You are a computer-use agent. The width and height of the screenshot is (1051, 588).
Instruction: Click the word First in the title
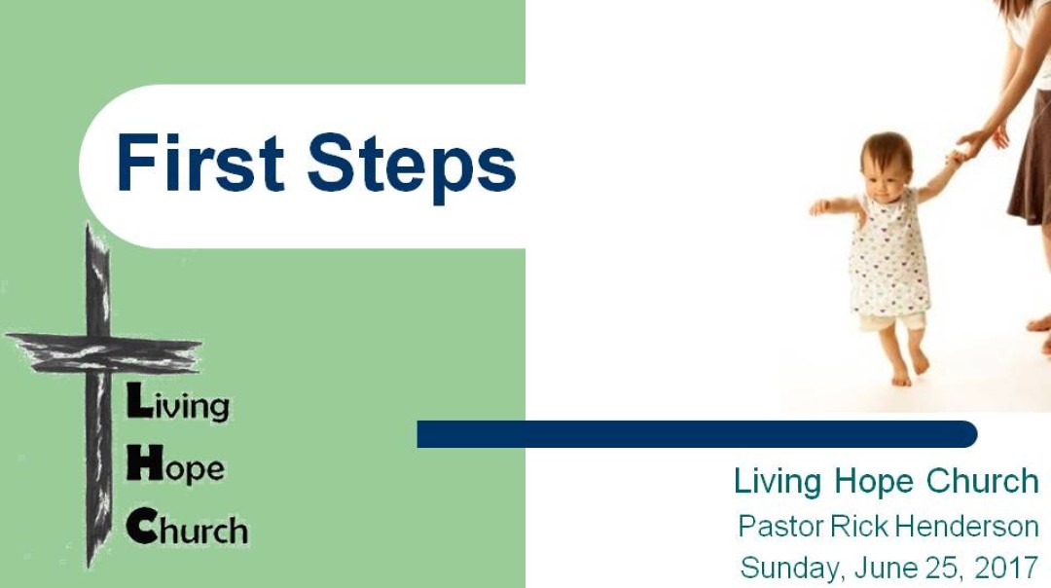click(200, 163)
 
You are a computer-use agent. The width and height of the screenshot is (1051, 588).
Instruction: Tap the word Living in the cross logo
click(179, 403)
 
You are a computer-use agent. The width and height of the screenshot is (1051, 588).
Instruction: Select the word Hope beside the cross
click(176, 466)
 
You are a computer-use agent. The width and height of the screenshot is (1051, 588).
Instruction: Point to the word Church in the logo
click(188, 529)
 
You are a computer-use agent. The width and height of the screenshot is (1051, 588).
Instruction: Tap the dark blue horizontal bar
click(696, 434)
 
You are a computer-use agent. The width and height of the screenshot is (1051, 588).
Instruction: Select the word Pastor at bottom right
click(780, 527)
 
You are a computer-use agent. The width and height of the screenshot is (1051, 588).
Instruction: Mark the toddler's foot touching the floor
click(901, 377)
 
